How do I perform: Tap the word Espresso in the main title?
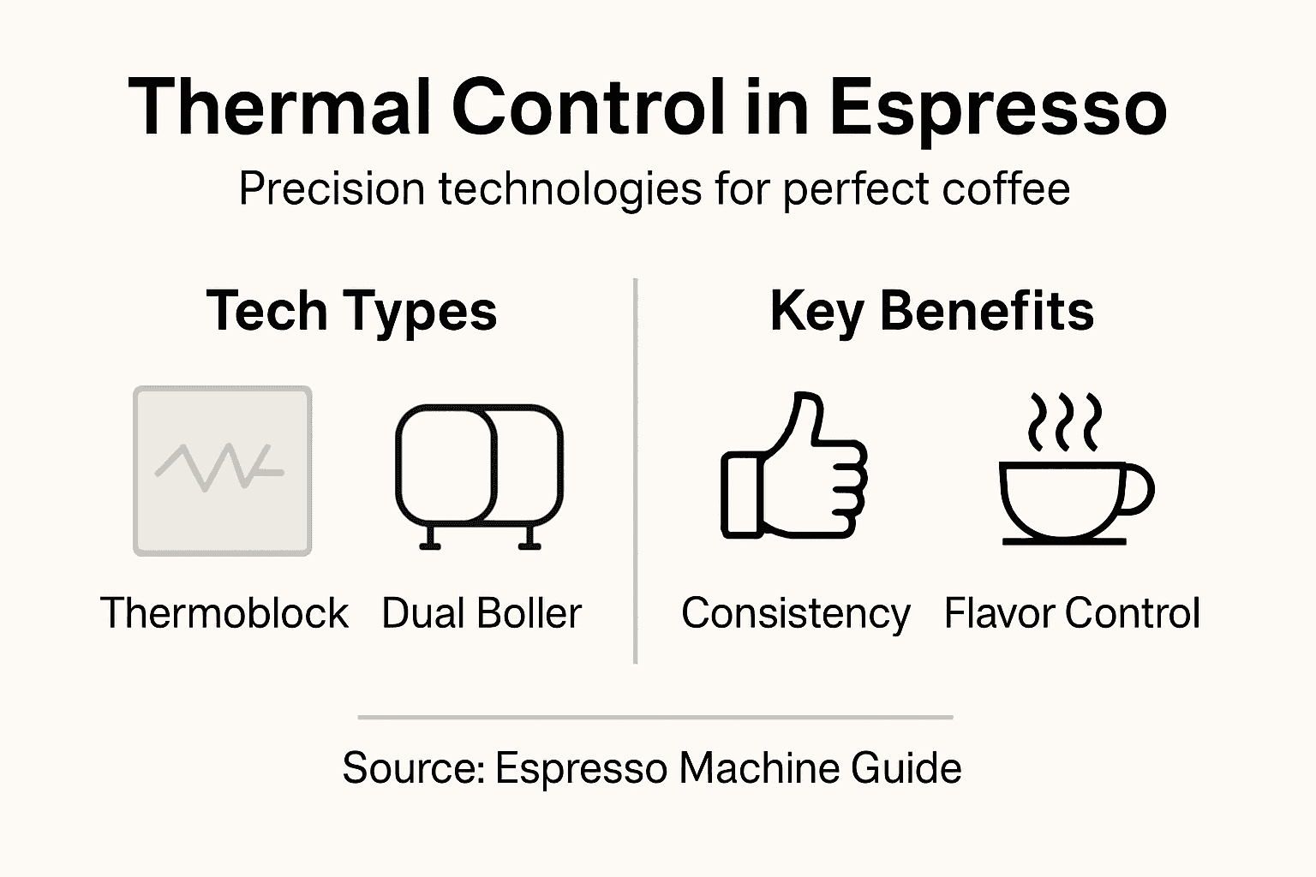click(x=998, y=109)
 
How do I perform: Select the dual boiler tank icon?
click(x=479, y=467)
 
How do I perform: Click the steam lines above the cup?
click(x=1064, y=422)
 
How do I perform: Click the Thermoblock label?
click(x=224, y=613)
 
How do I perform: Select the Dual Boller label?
click(x=482, y=613)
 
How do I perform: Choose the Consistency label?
click(x=795, y=613)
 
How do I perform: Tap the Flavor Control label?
click(x=1072, y=613)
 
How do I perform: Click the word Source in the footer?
click(x=413, y=767)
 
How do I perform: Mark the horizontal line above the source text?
click(x=655, y=716)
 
